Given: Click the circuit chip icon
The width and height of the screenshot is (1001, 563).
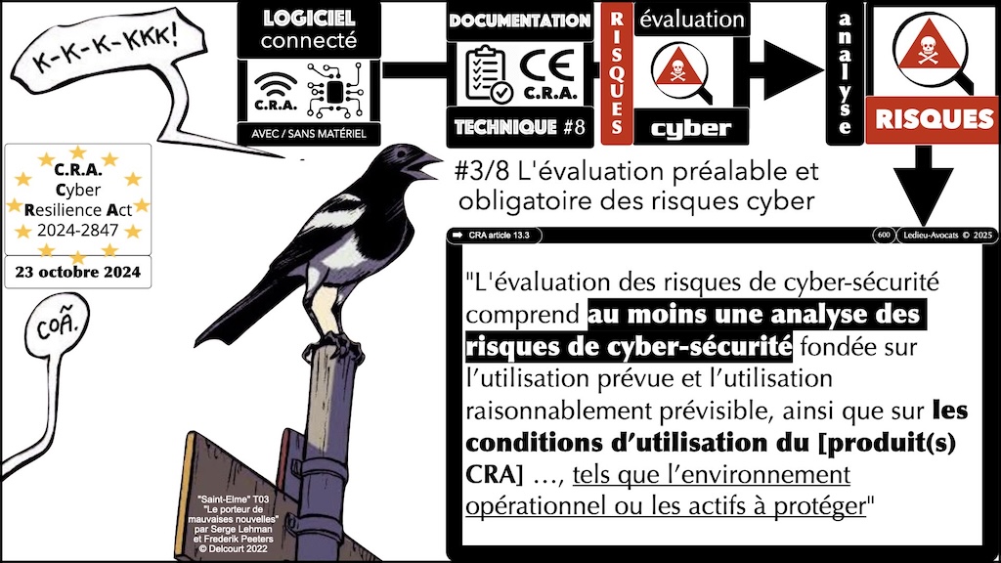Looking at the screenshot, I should pyautogui.click(x=331, y=90).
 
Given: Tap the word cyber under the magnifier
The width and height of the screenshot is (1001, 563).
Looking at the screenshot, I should pyautogui.click(x=690, y=126).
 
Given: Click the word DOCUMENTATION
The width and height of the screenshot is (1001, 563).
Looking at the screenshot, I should pyautogui.click(x=518, y=21).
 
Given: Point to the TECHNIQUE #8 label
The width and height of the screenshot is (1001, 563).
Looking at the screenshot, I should pyautogui.click(x=519, y=126).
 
